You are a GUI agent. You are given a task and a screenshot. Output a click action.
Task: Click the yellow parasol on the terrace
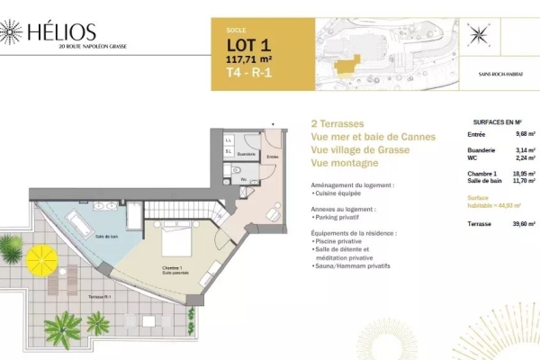pos(41,261)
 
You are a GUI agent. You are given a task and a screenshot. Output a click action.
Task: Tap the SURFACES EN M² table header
pos(498,121)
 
